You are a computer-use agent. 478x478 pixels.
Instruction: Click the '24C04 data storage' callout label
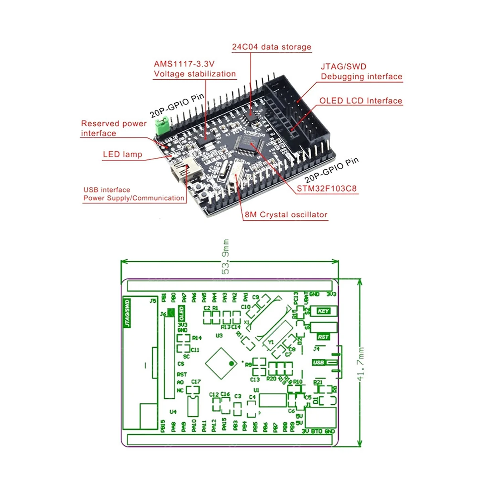click(271, 47)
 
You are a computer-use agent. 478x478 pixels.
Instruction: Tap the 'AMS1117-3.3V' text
click(184, 64)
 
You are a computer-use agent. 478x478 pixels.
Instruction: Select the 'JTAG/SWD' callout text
click(343, 67)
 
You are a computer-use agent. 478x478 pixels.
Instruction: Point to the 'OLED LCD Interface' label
click(360, 101)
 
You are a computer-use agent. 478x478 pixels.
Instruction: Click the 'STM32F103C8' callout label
click(327, 188)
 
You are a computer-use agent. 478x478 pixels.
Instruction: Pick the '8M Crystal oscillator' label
click(286, 215)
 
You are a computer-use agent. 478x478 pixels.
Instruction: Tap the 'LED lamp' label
click(122, 155)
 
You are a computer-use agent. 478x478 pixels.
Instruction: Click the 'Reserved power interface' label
click(114, 128)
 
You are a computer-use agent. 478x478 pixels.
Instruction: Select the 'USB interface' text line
click(107, 190)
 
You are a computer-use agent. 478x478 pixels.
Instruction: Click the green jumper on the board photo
click(162, 124)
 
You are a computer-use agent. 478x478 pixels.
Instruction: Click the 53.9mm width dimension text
click(226, 257)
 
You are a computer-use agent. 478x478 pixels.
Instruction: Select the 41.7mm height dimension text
click(361, 363)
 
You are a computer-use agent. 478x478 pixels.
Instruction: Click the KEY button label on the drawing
click(323, 311)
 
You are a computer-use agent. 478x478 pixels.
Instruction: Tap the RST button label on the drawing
click(323, 337)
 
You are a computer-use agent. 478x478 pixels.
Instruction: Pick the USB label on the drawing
click(319, 362)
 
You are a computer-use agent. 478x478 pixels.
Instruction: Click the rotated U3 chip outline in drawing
click(220, 363)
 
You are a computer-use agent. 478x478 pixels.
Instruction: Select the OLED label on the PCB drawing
click(181, 313)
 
